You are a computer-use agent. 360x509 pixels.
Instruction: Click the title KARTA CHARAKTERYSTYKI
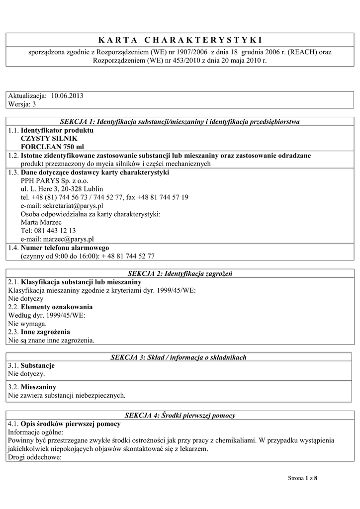click(180, 40)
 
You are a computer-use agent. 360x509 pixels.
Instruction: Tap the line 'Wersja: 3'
click(22, 104)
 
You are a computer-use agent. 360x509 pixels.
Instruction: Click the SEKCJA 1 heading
click(180, 121)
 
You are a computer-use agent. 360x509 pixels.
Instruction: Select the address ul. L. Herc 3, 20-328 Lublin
click(62, 189)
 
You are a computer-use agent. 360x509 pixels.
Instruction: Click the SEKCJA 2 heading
click(180, 273)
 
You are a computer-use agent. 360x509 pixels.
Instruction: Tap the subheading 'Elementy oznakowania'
click(57, 307)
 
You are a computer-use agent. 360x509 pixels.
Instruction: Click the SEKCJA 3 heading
click(180, 357)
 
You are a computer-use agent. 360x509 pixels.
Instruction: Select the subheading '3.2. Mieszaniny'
click(32, 387)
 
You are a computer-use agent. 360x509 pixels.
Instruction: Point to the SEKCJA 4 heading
click(180, 415)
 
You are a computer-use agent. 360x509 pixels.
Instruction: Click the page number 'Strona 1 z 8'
click(302, 478)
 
